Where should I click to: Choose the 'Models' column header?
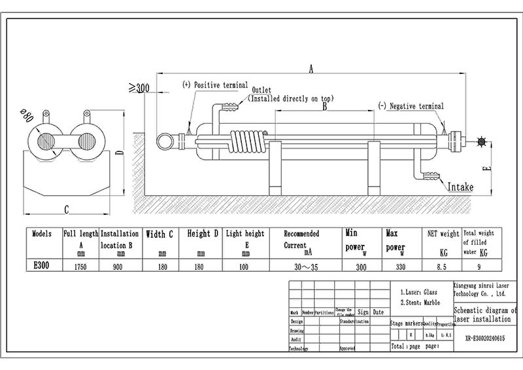(x=41, y=233)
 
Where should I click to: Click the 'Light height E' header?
(x=245, y=240)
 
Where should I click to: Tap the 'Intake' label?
(x=460, y=187)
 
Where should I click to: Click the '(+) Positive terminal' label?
(x=215, y=85)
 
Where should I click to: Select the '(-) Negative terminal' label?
(x=411, y=106)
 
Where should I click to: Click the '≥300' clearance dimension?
(x=139, y=87)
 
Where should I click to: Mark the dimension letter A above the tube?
(x=311, y=69)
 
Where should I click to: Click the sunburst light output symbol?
(x=482, y=141)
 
